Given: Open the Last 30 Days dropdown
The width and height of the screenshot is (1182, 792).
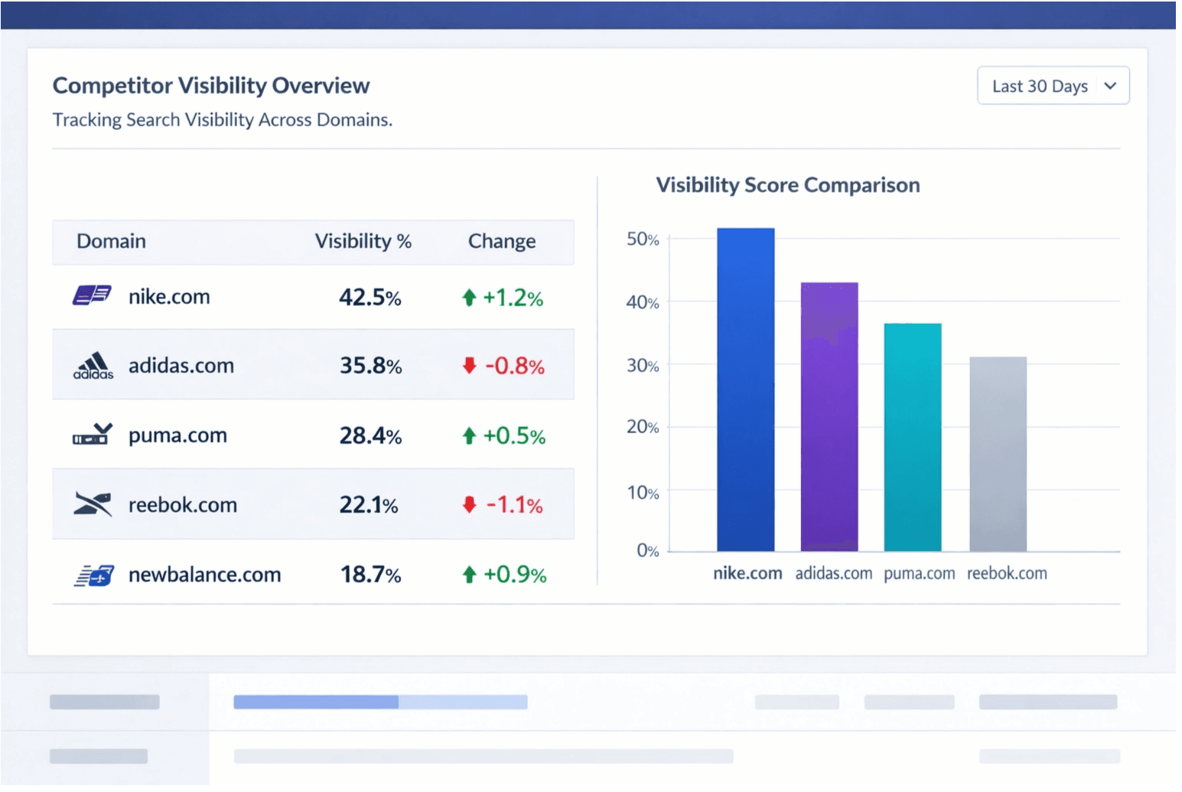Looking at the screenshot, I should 1053,86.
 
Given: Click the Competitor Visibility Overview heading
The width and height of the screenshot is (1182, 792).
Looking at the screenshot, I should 211,86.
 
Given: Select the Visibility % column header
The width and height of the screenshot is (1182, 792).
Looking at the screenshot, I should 363,242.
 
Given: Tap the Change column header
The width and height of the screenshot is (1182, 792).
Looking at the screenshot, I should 502,242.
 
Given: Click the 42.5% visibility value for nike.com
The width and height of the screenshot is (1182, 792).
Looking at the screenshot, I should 370,297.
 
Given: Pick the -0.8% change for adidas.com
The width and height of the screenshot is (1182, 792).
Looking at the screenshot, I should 514,366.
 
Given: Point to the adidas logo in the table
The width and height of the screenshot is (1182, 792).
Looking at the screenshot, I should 93,366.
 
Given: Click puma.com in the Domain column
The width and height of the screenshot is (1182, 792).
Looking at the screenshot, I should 177,435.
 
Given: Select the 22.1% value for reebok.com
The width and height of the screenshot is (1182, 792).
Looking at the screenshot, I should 369,505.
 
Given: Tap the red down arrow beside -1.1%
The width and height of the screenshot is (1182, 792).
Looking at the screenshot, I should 470,505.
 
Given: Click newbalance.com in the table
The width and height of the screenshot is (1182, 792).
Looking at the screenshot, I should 204,575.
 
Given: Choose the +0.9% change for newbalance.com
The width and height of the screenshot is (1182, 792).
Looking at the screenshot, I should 514,575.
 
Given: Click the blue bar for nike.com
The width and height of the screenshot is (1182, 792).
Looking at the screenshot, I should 746,390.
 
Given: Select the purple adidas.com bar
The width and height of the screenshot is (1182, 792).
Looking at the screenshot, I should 829,417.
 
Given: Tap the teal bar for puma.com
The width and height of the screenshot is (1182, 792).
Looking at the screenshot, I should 913,438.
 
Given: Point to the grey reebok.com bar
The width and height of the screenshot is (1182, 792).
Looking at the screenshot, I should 998,455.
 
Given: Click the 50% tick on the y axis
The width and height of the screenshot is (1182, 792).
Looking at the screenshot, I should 643,240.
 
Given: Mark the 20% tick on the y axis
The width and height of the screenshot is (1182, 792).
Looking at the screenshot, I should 643,427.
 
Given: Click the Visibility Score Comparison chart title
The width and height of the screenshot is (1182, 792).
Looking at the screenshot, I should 788,185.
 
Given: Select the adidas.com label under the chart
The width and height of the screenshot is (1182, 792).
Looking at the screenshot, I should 833,573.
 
